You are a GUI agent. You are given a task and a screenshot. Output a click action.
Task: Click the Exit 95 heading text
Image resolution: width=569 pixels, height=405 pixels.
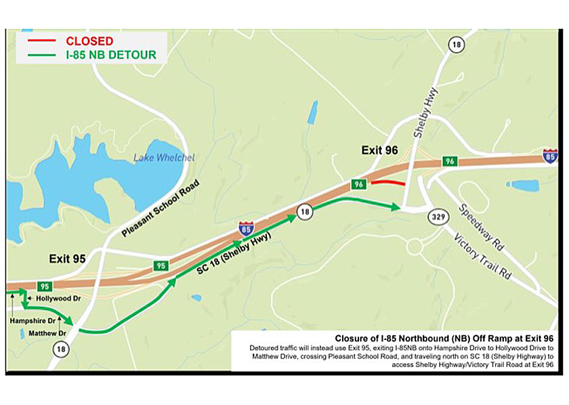pyautogui.click(x=68, y=259)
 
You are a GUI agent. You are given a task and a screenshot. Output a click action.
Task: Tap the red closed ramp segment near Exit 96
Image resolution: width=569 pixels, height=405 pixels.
pyautogui.click(x=388, y=183)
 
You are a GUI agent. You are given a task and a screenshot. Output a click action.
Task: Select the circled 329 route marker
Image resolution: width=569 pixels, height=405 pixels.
pyautogui.click(x=436, y=217)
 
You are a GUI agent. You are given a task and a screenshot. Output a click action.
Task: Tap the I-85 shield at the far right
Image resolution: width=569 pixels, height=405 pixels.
pyautogui.click(x=550, y=157)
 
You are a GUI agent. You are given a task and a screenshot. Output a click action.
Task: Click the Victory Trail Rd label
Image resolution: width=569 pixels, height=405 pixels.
pyautogui.click(x=482, y=257)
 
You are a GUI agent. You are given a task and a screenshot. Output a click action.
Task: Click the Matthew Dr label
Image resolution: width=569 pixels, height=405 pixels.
pyautogui.click(x=47, y=333)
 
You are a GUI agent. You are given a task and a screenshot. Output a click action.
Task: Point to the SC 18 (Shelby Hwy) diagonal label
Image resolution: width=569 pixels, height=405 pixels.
pyautogui.click(x=234, y=253)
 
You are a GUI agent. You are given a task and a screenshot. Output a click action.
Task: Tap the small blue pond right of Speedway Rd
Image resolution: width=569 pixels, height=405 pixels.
pyautogui.click(x=522, y=184)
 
